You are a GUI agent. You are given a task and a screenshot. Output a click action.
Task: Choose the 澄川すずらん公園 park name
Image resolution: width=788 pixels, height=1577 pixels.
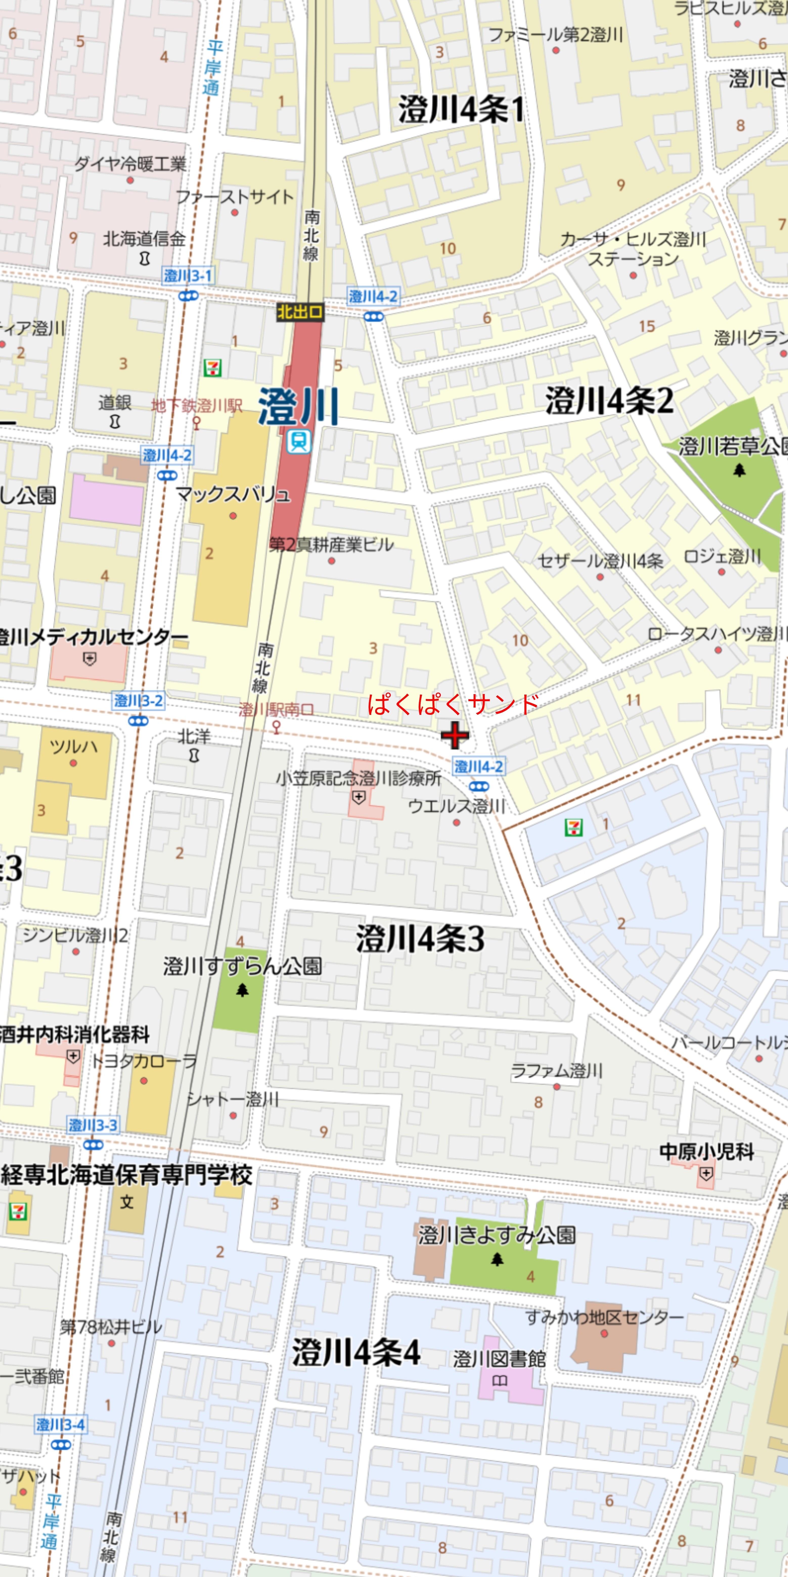242,966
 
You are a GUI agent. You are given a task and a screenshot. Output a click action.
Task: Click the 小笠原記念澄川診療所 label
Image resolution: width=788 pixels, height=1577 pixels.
358,778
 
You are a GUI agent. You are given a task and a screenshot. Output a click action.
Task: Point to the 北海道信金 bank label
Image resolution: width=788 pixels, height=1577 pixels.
144,239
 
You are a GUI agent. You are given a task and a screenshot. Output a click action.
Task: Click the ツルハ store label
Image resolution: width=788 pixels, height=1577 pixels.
74,746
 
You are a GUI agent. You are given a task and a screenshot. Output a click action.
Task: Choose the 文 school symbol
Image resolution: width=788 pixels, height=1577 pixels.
127,1202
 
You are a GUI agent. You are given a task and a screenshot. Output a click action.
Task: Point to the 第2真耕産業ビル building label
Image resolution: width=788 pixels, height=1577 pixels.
331,544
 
